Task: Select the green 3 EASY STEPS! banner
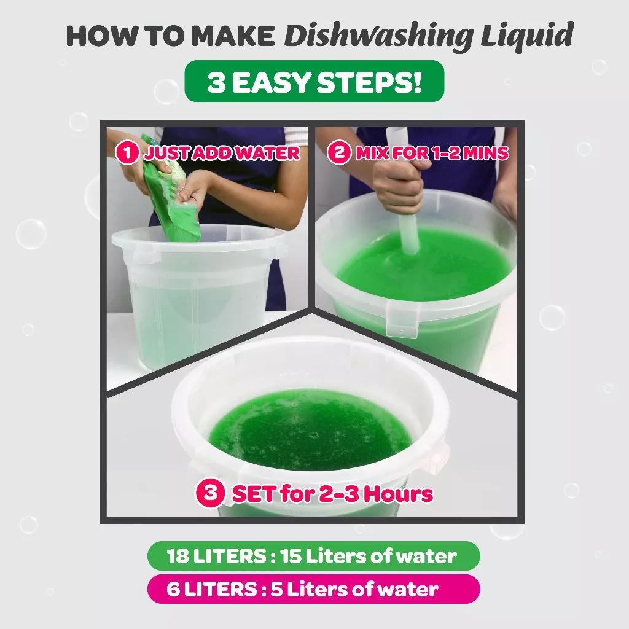click(314, 81)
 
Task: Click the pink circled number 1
click(128, 153)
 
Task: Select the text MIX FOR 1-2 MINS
click(432, 152)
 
